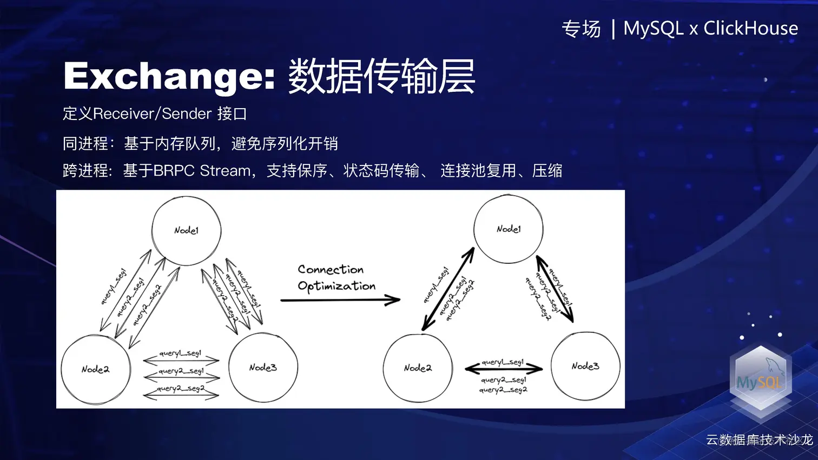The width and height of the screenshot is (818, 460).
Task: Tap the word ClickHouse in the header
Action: pos(750,28)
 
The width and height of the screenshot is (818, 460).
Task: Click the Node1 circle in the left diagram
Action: pos(186,231)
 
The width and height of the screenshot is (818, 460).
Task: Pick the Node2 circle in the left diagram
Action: pos(96,369)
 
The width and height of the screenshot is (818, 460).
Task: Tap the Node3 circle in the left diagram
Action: pos(263,368)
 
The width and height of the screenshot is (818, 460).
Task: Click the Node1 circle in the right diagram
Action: pos(509,229)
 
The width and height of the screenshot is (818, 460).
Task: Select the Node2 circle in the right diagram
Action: pos(418,368)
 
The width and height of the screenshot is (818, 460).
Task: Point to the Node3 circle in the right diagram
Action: pos(585,366)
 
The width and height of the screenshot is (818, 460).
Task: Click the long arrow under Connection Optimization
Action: pos(340,300)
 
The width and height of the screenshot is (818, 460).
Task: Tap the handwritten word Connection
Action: pos(331,269)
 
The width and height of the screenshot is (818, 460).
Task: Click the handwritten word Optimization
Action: pos(337,286)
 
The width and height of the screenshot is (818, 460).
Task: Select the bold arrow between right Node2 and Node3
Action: pos(504,369)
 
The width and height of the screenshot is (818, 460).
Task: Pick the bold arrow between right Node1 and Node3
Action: pos(555,289)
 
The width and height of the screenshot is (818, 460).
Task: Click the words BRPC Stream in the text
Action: pos(202,171)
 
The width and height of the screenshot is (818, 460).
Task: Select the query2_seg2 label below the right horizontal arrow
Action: pos(503,390)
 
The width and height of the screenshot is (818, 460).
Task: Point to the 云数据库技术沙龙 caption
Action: pos(759,440)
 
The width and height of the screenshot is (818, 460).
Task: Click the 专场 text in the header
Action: pos(581,29)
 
